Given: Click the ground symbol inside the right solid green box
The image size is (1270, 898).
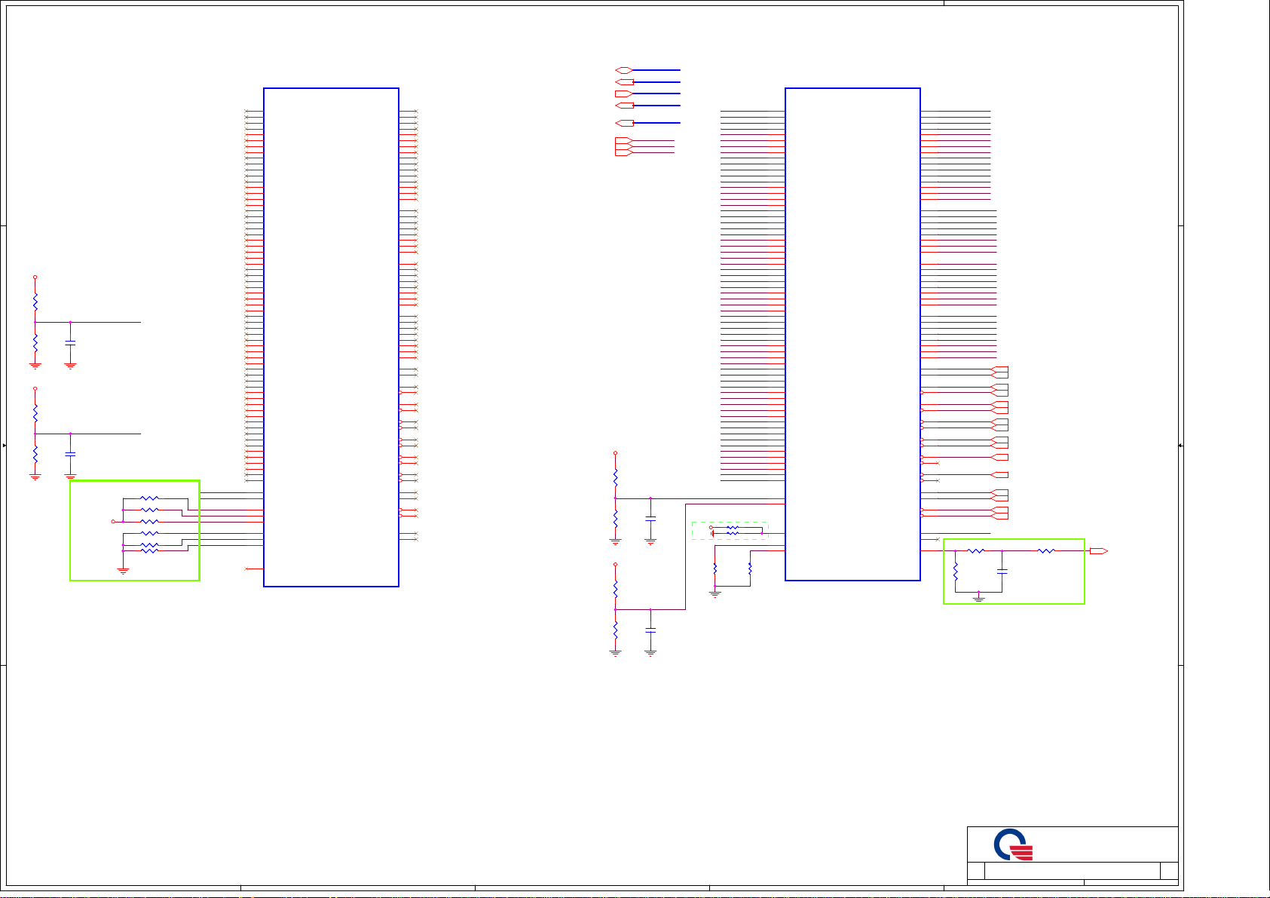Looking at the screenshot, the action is pos(978,598).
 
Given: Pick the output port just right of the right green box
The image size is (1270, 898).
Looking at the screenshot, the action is pos(1098,551).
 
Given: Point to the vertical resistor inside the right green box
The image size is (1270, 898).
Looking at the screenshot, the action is pos(955,570).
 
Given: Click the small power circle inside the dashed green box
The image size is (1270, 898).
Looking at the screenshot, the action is pos(711,527).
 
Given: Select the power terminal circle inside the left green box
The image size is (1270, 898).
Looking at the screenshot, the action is pos(113,521).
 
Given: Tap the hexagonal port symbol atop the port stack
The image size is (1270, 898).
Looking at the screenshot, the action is pos(623,70).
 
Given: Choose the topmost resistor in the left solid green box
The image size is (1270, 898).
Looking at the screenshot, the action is pos(150,498).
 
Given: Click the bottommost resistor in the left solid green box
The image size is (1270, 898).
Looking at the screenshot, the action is pos(150,550).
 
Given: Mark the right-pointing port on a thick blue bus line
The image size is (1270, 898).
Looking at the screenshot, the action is pos(623,93).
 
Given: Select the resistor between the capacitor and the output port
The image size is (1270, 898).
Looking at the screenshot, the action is pos(1046,551).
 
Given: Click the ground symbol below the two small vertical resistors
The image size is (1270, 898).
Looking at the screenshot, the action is pos(715,594).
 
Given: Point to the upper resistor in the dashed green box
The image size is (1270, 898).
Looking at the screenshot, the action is pos(732,528).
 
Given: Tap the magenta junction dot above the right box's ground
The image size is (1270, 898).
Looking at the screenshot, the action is pos(978,592).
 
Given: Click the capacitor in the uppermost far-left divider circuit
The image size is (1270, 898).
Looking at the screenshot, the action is pos(70,343).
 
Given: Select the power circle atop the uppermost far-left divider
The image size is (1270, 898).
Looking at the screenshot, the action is pos(35,277).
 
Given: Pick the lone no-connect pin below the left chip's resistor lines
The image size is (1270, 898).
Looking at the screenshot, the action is pos(247,569).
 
